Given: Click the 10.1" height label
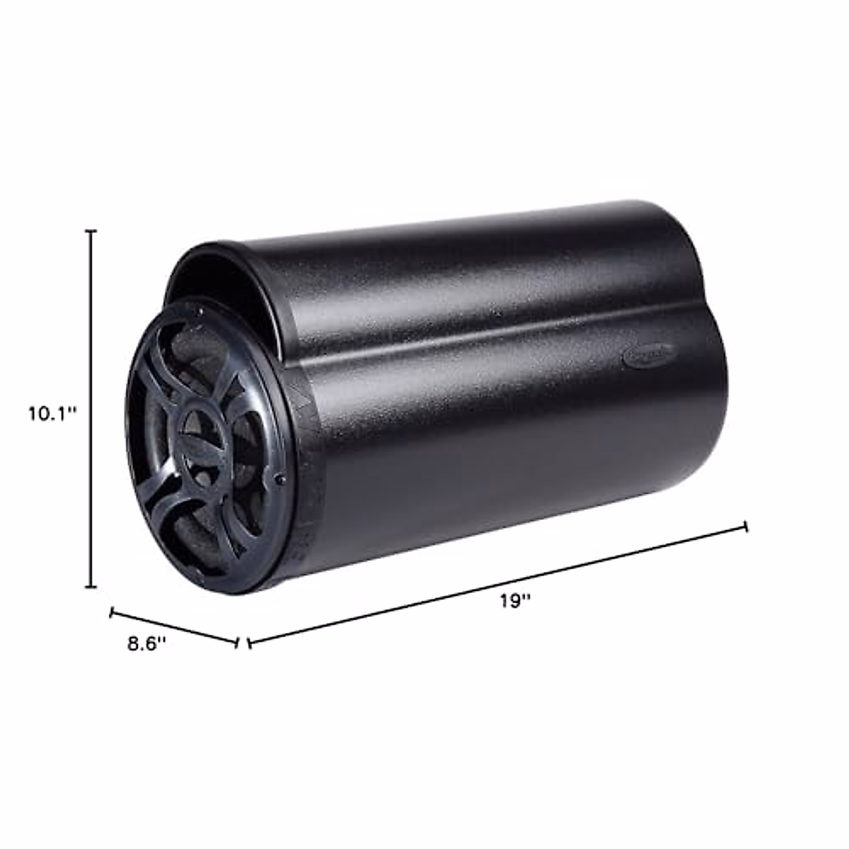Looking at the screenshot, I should (52, 413).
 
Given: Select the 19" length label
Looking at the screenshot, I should (515, 601).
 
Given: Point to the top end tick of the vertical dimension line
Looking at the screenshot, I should (91, 231).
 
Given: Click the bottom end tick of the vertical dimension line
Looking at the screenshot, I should (91, 587).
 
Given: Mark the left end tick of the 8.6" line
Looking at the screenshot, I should (111, 613).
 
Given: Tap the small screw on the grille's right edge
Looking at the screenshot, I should (281, 479).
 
